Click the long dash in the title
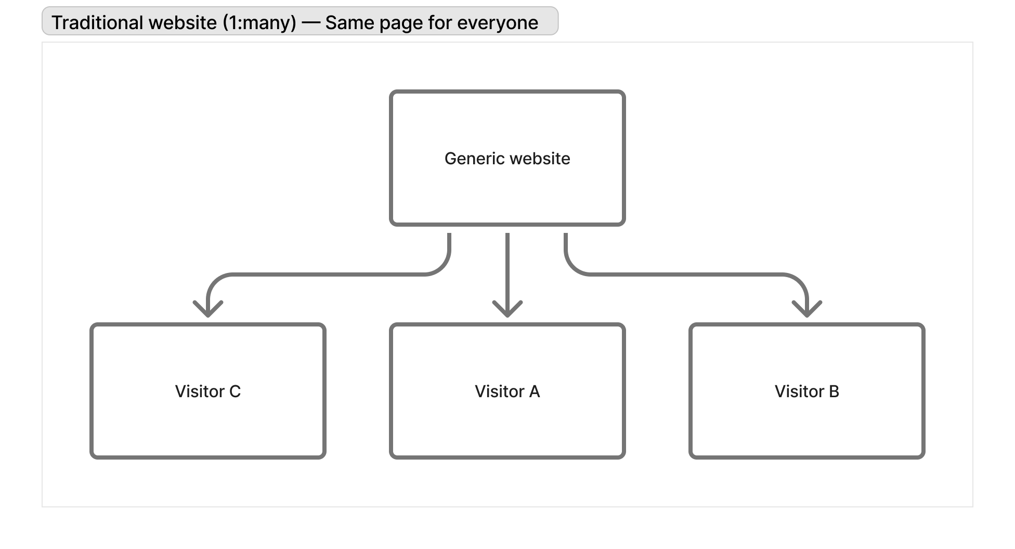pyautogui.click(x=310, y=23)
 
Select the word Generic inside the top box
pyautogui.click(x=472, y=159)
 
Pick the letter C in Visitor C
pyautogui.click(x=235, y=391)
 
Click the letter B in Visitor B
pyautogui.click(x=834, y=391)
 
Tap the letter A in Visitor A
pyautogui.click(x=534, y=391)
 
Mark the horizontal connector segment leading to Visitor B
pyautogui.click(x=686, y=274)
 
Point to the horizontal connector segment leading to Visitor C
pyautogui.click(x=328, y=274)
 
